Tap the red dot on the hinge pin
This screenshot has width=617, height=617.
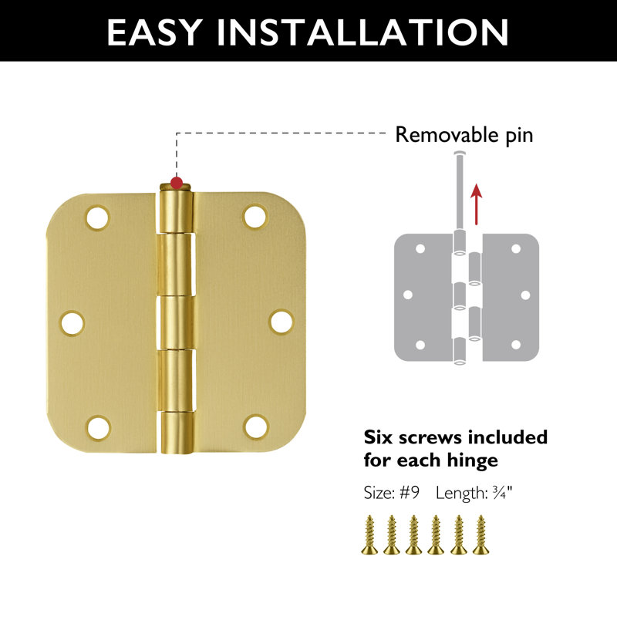click(177, 184)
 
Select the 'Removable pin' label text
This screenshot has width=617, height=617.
click(464, 135)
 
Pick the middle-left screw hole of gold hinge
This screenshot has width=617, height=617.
click(73, 322)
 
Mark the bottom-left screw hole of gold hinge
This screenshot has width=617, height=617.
click(96, 427)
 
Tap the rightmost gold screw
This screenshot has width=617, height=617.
click(482, 534)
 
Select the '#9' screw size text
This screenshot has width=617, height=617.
click(410, 492)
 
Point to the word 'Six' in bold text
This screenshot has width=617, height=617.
click(379, 437)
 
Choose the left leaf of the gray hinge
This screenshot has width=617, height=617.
click(420, 296)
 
